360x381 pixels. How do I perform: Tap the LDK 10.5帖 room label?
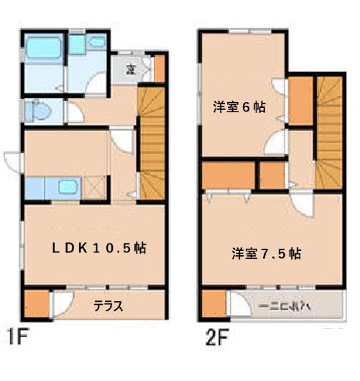click(98, 247)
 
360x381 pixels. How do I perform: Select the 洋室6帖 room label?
click(240, 106)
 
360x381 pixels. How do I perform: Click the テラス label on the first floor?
click(108, 305)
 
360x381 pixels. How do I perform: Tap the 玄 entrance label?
click(130, 68)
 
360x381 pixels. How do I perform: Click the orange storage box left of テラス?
click(35, 303)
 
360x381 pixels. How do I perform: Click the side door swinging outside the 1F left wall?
click(13, 162)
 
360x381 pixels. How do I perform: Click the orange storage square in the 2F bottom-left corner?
click(213, 303)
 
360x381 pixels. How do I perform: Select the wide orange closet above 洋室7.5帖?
click(229, 175)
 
